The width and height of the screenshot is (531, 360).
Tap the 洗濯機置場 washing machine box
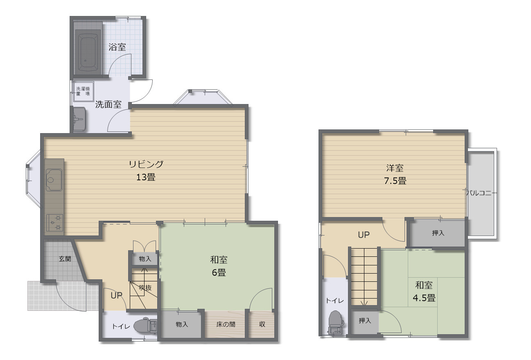click(x=84, y=91)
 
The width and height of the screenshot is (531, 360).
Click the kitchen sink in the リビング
click(x=54, y=180)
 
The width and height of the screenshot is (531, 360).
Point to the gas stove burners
click(x=55, y=223)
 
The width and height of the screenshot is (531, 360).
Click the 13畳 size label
click(x=146, y=177)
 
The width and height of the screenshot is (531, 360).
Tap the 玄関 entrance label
click(x=65, y=259)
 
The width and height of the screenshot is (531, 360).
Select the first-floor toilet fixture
click(x=145, y=326)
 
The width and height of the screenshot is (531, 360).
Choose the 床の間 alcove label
click(x=226, y=324)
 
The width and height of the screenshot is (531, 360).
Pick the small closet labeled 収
click(x=262, y=324)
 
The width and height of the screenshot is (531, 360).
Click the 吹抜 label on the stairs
click(x=145, y=288)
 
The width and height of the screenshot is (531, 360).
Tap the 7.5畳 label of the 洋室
click(x=395, y=181)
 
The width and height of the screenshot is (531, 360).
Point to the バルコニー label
click(x=480, y=193)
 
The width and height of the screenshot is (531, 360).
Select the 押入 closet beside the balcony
click(x=438, y=233)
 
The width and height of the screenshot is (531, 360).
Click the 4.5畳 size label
click(x=424, y=298)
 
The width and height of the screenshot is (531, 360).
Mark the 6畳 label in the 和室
click(x=219, y=273)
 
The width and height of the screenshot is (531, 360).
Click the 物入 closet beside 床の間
click(x=181, y=324)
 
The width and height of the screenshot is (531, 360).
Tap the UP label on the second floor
click(x=364, y=235)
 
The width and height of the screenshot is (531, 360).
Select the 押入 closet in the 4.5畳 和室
click(x=365, y=321)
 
